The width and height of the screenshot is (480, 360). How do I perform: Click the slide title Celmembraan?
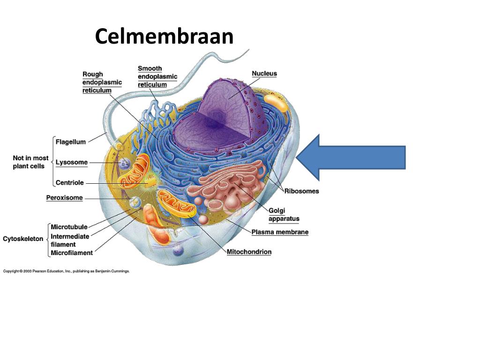click(164, 37)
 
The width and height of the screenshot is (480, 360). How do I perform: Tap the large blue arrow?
click(351, 157)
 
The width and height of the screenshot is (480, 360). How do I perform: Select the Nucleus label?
click(264, 74)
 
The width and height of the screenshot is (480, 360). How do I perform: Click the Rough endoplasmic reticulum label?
click(102, 82)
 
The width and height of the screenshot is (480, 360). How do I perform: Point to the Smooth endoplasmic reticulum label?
click(157, 76)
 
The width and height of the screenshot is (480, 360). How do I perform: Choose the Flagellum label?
click(71, 142)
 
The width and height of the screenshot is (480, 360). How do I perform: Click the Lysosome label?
click(72, 162)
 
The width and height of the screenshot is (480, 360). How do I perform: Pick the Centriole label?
click(70, 183)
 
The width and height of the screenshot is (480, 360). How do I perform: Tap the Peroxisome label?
click(64, 198)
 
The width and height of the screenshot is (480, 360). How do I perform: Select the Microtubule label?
click(69, 227)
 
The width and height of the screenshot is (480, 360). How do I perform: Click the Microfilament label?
click(72, 253)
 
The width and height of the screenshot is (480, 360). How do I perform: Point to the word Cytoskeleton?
click(23, 239)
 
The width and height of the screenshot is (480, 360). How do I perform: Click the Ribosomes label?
click(301, 191)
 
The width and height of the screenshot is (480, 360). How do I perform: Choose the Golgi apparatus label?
click(284, 215)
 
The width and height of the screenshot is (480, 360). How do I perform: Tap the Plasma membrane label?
click(280, 232)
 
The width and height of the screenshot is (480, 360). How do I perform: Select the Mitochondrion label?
click(249, 252)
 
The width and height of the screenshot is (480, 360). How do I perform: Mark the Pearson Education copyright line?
click(66, 271)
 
